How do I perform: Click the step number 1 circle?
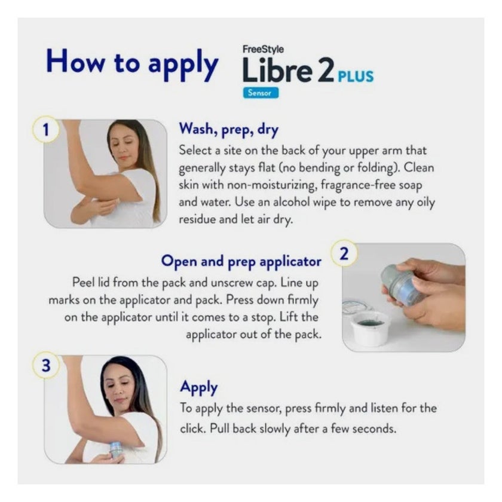coord(46,130)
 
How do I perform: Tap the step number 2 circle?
coord(344,253)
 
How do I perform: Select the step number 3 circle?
coord(46,366)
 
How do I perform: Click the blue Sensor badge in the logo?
coord(260,93)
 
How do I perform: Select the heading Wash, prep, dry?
coord(229,128)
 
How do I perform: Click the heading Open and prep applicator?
coord(241,261)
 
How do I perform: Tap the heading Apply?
coord(199,387)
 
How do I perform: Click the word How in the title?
coord(76,62)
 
